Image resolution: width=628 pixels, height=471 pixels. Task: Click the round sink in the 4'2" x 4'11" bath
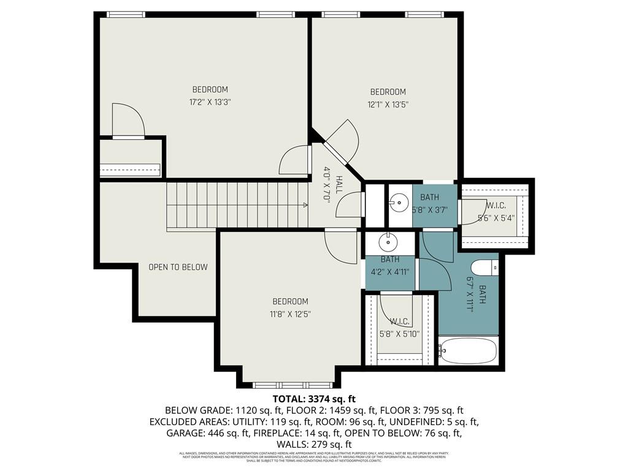pyautogui.click(x=389, y=243)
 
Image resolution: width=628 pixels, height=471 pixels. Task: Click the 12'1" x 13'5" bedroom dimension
pyautogui.click(x=388, y=105)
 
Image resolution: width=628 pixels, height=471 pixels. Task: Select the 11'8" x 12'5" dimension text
pyautogui.click(x=290, y=315)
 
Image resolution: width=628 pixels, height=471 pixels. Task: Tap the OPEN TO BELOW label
pyautogui.click(x=178, y=267)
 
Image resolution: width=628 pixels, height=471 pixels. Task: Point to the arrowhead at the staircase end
pyautogui.click(x=304, y=205)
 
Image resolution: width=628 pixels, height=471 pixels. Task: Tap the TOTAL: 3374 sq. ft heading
pyautogui.click(x=314, y=399)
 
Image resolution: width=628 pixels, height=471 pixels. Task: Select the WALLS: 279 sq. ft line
pyautogui.click(x=314, y=444)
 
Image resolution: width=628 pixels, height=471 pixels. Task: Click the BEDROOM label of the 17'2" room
pyautogui.click(x=210, y=90)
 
